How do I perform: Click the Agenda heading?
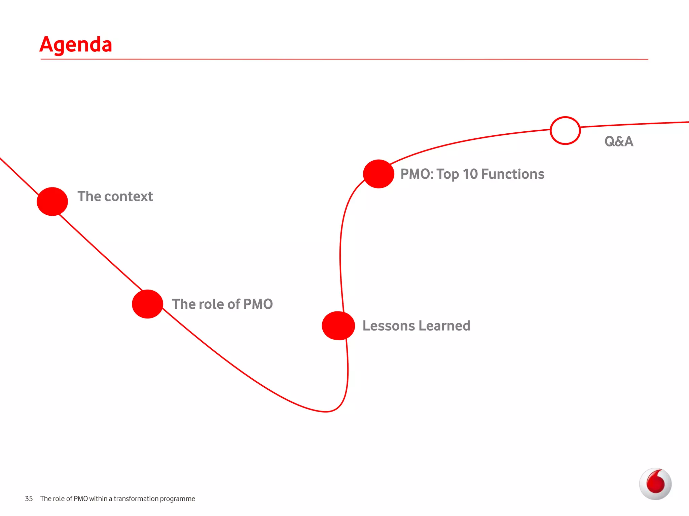[x=76, y=44]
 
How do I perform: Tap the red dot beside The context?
[x=52, y=201]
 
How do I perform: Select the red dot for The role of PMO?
[x=147, y=304]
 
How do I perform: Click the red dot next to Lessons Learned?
[x=338, y=326]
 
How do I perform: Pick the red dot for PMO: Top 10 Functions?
[x=378, y=174]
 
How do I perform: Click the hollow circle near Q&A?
[x=565, y=130]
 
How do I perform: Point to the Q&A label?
[x=619, y=141]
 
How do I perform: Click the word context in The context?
[x=129, y=197]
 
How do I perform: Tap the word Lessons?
[x=389, y=326]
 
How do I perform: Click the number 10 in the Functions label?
[x=470, y=174]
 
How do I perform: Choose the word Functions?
[x=513, y=174]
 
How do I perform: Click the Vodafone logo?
[x=655, y=484]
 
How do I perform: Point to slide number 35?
[x=29, y=499]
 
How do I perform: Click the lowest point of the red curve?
[x=326, y=412]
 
